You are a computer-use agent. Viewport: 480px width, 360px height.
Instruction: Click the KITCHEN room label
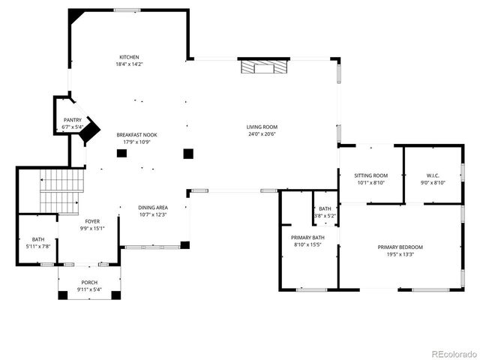coord(129,57)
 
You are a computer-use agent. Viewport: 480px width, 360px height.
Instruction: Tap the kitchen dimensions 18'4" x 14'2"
coord(129,64)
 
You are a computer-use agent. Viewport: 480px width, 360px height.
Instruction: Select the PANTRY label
coord(73,120)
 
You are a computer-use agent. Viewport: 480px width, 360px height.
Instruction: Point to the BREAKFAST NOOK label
coord(136,135)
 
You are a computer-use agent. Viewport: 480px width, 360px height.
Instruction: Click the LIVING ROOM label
coord(262,127)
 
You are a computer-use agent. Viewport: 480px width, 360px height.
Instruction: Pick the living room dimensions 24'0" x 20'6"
coord(262,134)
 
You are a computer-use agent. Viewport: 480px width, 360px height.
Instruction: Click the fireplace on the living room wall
coord(262,67)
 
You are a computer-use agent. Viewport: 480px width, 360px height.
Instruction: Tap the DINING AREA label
coord(152,208)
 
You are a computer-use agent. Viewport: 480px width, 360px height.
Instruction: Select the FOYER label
coord(91,221)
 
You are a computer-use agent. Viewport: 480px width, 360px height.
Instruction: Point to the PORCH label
coord(89,283)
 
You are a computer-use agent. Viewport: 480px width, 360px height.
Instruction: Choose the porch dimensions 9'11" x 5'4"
coord(89,290)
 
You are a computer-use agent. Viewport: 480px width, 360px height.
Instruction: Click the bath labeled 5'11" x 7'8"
coord(37,243)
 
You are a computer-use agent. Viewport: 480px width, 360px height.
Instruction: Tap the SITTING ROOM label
coord(370,175)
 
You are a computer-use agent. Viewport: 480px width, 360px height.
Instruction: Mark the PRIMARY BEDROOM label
coord(400,247)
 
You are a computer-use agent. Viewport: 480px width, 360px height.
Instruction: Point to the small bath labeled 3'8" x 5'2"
coord(325,211)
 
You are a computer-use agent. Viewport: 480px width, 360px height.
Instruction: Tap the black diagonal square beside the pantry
coord(91,131)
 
